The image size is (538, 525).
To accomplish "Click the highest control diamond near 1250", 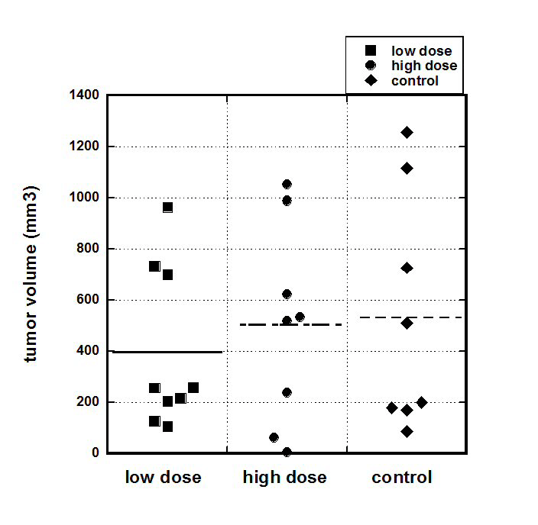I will tap(407, 133).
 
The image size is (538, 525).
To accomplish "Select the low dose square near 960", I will tap(167, 208).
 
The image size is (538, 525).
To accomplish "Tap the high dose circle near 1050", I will tap(287, 185).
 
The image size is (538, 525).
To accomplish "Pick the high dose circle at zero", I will tap(287, 452).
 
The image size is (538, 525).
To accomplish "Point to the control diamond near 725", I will tap(407, 268).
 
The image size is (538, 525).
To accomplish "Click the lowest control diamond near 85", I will tap(407, 432).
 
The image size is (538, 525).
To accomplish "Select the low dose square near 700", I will tap(167, 275).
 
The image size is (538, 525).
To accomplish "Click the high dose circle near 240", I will tap(287, 392).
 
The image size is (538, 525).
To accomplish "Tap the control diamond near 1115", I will tap(407, 168).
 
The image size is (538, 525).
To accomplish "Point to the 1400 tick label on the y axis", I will tap(86, 95).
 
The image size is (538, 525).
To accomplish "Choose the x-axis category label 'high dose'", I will tap(285, 478).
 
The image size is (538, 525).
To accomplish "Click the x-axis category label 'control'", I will tap(402, 478).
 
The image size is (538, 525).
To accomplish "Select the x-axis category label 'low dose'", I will tap(164, 478).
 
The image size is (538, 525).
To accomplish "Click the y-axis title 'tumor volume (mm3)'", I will tap(31, 274).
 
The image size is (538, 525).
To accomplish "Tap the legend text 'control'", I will tap(415, 80).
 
